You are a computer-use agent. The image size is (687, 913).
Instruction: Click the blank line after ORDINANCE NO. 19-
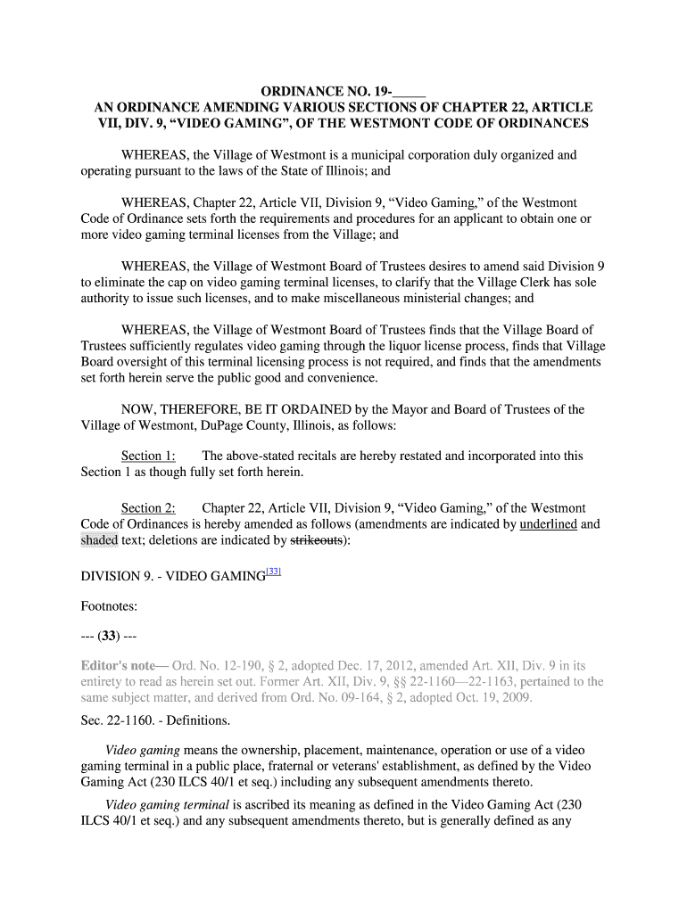[x=408, y=92]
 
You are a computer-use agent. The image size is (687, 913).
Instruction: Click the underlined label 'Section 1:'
[x=148, y=456]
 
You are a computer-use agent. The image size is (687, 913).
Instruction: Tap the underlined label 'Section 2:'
[x=148, y=508]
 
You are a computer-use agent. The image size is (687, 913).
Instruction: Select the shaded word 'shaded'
[x=99, y=540]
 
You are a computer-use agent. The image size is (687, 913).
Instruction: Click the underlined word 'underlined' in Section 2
[x=549, y=524]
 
